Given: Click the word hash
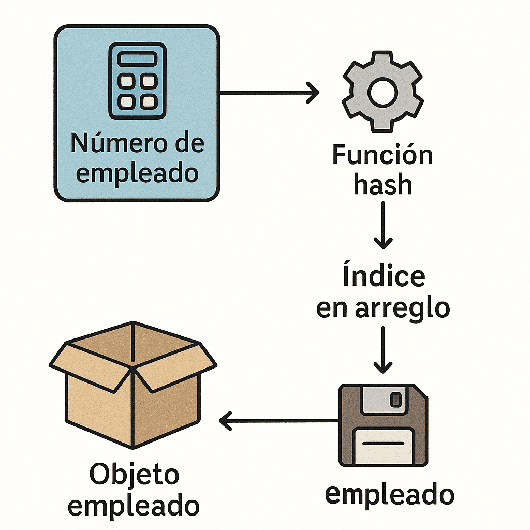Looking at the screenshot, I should (x=383, y=184).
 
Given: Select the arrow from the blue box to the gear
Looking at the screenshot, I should (x=269, y=93).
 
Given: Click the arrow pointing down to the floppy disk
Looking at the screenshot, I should (x=383, y=350).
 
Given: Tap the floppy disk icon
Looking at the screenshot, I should (x=384, y=424).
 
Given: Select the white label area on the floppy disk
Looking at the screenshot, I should (x=384, y=446).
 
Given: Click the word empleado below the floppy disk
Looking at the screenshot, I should (x=389, y=494).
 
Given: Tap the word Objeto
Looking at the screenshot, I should (x=134, y=475).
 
